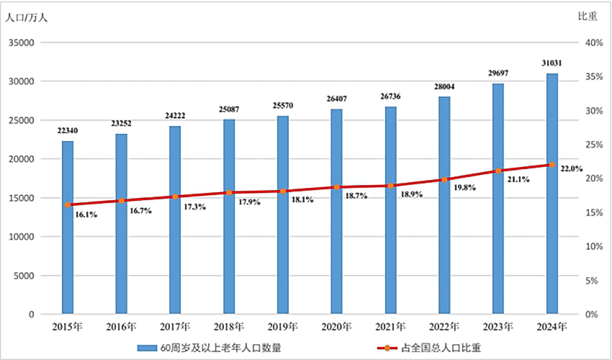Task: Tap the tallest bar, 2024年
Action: click(552, 194)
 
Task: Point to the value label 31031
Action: click(552, 63)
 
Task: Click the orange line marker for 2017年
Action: click(175, 197)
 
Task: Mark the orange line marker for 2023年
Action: click(498, 171)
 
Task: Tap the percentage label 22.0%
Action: click(571, 168)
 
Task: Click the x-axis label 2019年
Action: click(282, 326)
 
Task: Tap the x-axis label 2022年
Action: click(444, 326)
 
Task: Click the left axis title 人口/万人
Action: click(27, 17)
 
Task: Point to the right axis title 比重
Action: click(588, 17)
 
